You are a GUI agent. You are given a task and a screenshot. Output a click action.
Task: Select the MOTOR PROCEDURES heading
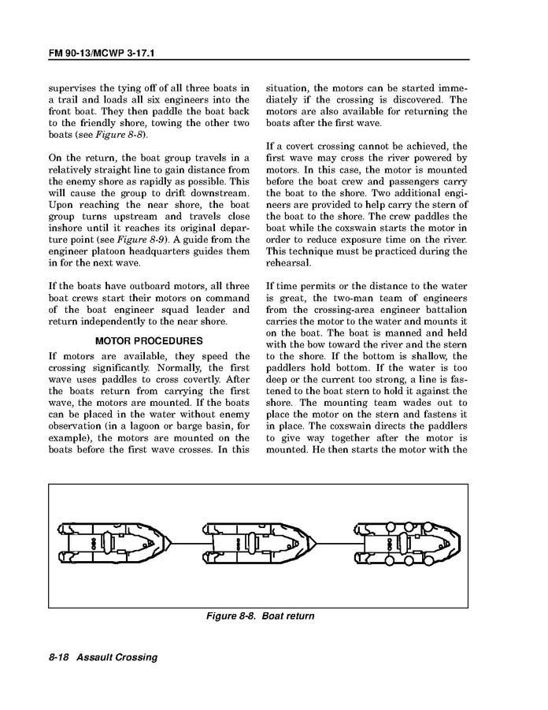(149, 341)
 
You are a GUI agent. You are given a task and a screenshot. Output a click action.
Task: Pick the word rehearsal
(292, 263)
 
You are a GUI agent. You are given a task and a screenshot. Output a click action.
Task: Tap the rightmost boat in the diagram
(406, 544)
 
